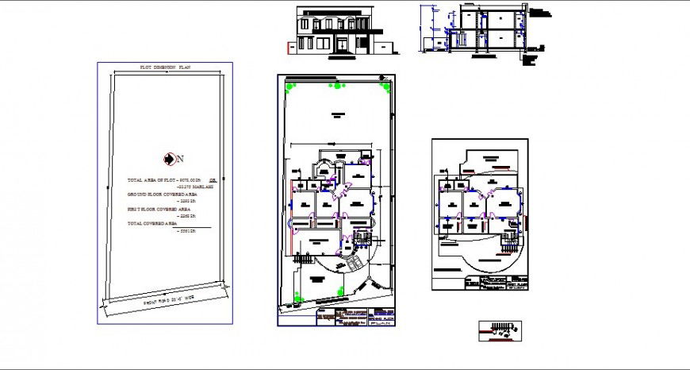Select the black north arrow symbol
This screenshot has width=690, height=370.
[x=169, y=159]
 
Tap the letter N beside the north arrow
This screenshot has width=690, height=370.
[x=179, y=159]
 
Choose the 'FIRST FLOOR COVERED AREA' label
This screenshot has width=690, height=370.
[x=161, y=209]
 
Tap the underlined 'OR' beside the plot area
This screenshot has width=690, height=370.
[x=212, y=179]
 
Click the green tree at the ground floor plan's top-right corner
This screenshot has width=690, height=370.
[x=385, y=87]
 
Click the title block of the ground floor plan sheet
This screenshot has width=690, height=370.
[x=355, y=316]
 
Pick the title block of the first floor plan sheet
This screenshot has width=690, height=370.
[x=495, y=283]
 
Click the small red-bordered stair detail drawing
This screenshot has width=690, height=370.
[x=500, y=330]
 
